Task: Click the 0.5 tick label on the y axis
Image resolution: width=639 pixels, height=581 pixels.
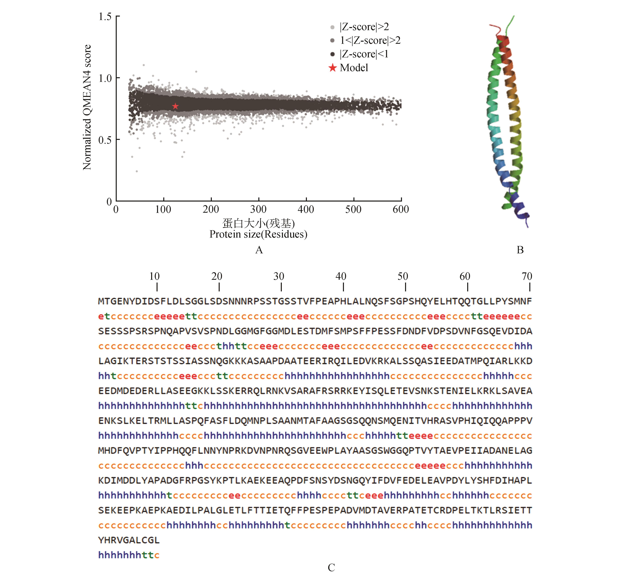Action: [x=105, y=140]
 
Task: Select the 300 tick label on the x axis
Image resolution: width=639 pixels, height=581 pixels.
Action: [x=258, y=209]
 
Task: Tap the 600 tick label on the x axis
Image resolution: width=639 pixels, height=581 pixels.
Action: [x=401, y=209]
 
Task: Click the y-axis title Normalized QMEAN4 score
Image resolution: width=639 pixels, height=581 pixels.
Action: [x=87, y=107]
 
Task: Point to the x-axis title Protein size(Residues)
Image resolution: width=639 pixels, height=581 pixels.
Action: [x=258, y=234]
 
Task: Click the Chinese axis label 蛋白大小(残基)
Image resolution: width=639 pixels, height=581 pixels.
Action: [x=258, y=224]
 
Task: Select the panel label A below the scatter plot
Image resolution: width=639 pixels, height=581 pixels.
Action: [x=259, y=250]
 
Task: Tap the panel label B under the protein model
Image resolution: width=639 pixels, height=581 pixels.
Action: [x=520, y=250]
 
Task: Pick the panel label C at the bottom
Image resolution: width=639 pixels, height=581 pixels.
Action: [x=331, y=567]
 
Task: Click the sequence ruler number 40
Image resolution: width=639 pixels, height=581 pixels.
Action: [x=341, y=276]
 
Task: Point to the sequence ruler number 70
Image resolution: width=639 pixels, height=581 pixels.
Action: [x=527, y=276]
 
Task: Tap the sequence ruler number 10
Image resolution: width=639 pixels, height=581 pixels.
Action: [x=154, y=276]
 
